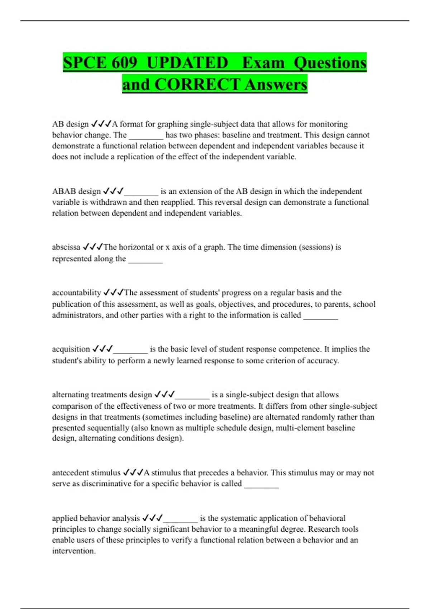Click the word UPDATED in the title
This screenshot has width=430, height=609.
187,63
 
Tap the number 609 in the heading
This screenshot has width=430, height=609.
124,63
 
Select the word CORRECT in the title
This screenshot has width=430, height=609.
197,85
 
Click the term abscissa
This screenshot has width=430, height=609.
66,247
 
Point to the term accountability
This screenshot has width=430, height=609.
76,293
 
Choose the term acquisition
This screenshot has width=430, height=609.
71,349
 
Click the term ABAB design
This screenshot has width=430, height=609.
76,191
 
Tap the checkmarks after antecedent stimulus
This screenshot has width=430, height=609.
133,473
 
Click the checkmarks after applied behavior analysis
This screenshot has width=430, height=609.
152,518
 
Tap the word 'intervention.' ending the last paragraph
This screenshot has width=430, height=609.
74,551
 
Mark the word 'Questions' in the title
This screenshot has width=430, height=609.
330,63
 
